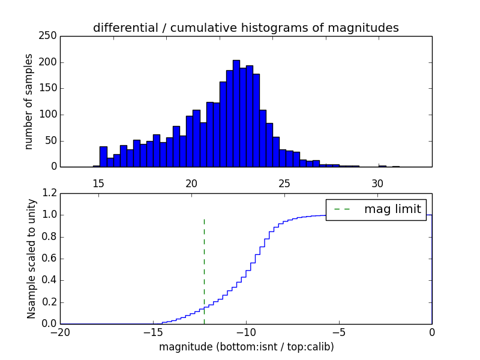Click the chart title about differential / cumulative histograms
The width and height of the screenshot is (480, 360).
(245, 28)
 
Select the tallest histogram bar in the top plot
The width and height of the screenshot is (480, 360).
(236, 114)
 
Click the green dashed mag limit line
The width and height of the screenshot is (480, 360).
(204, 270)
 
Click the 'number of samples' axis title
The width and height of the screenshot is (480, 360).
(29, 101)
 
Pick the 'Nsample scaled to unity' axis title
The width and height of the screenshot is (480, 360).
(31, 258)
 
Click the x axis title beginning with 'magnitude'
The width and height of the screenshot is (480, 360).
(246, 347)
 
